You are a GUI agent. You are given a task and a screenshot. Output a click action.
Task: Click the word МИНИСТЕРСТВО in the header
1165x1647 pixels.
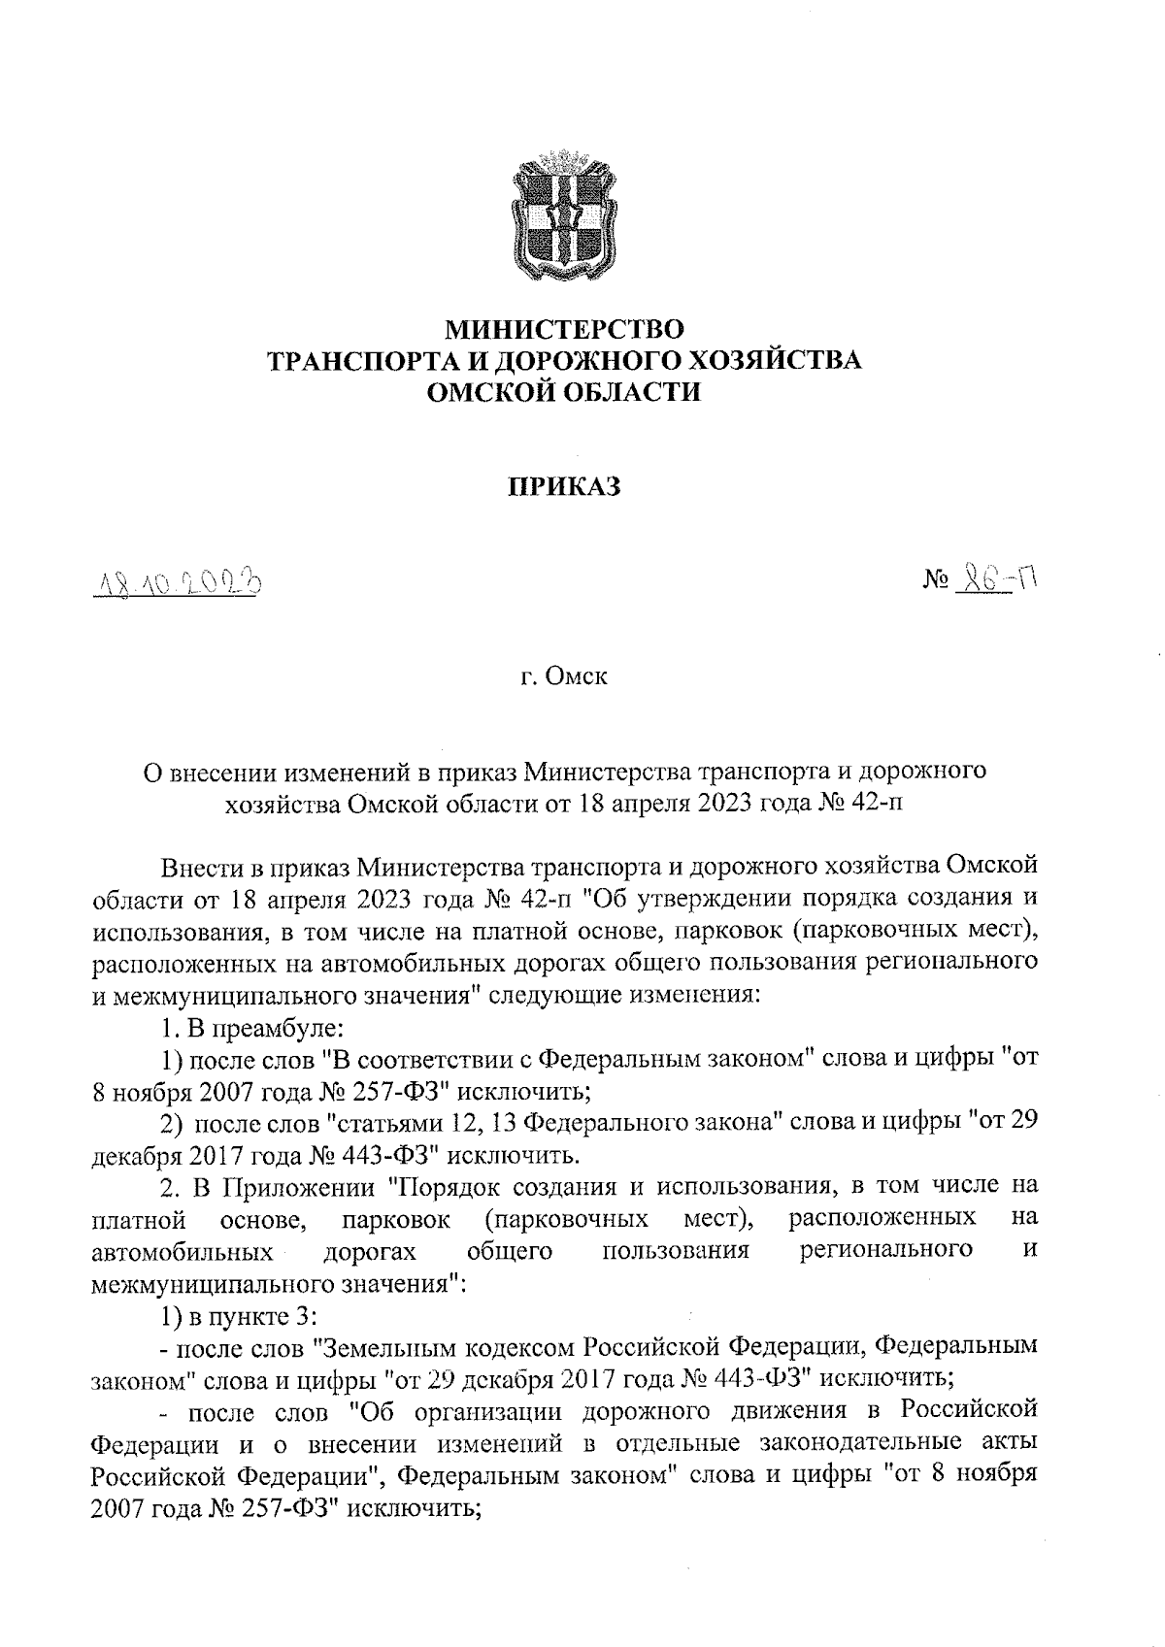click(x=564, y=330)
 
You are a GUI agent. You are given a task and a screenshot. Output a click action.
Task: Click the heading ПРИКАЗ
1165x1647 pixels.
click(x=564, y=485)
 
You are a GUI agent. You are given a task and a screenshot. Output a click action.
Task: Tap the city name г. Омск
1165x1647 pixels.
click(x=564, y=676)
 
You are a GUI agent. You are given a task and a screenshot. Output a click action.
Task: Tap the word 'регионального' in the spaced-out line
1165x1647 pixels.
click(x=886, y=1250)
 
